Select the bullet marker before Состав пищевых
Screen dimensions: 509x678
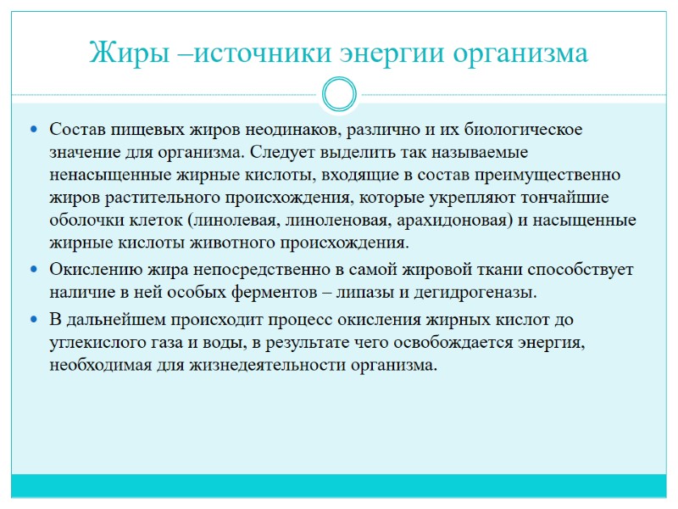point(33,131)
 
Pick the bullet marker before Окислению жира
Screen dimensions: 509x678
point(33,271)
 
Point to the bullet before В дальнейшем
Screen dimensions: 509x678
point(33,321)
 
